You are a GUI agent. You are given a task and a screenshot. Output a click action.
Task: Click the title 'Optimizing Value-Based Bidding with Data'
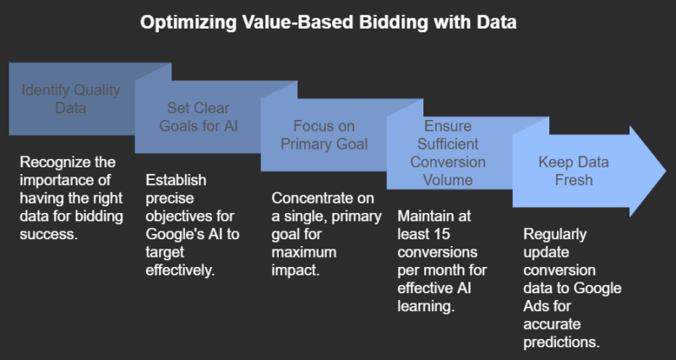point(338,23)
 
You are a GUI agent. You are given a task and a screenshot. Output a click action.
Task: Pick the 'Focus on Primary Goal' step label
point(325,135)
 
